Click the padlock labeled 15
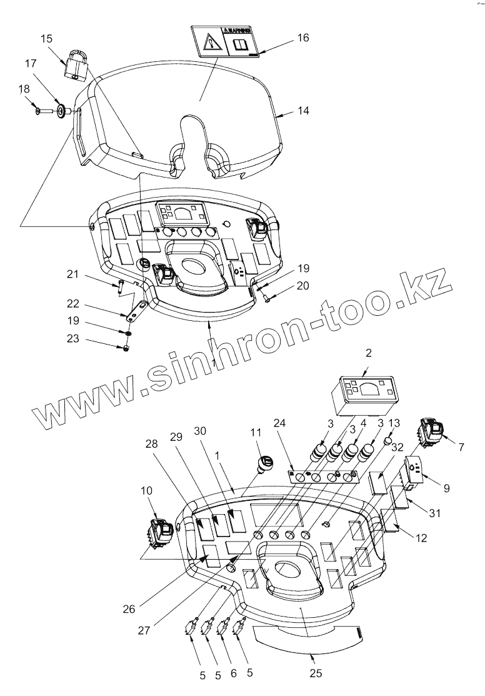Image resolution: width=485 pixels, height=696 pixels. pyautogui.click(x=75, y=65)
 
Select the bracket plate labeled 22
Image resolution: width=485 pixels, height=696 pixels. pyautogui.click(x=136, y=311)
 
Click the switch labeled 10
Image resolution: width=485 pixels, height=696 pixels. pyautogui.click(x=159, y=532)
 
